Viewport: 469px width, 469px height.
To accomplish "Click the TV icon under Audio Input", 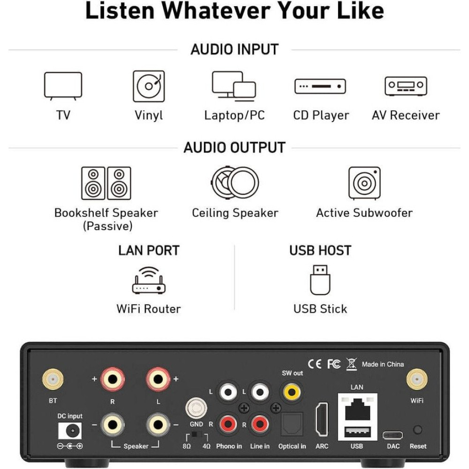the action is (x=63, y=86).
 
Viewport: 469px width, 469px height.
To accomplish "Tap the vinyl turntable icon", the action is (x=149, y=86).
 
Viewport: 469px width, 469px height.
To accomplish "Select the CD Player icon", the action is (x=320, y=86).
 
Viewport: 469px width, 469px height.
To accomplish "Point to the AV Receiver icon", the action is (x=406, y=86).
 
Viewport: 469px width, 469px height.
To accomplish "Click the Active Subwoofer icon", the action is (x=364, y=183).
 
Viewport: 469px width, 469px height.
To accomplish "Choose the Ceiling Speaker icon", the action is (x=235, y=182).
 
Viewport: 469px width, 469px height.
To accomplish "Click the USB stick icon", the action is (x=320, y=280).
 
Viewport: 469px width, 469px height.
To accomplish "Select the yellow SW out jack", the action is (x=292, y=392).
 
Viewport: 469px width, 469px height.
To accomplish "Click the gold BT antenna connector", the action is (x=53, y=379).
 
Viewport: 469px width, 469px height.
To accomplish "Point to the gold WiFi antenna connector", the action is (x=417, y=379).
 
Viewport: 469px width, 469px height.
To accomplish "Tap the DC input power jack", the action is (x=70, y=431).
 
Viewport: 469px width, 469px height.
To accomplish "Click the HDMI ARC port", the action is (x=322, y=419).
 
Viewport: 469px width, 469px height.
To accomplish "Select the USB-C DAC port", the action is (x=393, y=435).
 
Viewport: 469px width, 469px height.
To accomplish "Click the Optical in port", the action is (x=292, y=424).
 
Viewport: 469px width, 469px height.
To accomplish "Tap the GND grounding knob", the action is (x=196, y=408).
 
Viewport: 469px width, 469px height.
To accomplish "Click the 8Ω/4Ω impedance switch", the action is (x=196, y=435).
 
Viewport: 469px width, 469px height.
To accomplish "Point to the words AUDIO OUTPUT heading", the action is (x=234, y=147).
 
